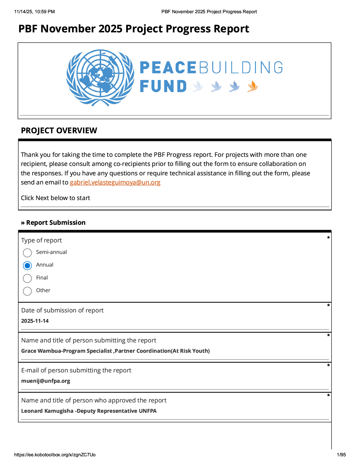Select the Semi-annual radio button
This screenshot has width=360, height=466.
tap(27, 253)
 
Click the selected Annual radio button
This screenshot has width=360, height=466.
tap(27, 266)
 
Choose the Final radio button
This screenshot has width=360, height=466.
tap(27, 278)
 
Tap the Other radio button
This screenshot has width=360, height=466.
tap(27, 291)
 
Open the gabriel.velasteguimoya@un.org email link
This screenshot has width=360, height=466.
tap(115, 182)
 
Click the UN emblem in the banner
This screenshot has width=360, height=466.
tap(100, 78)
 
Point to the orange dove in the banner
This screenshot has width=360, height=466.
tap(252, 86)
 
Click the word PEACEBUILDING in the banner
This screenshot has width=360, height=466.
tap(211, 68)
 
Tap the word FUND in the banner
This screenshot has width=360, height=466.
tap(163, 86)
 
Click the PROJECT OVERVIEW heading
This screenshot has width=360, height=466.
tap(59, 131)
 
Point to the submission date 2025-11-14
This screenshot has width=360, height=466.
tap(35, 321)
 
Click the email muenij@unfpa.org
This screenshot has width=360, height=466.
tap(46, 381)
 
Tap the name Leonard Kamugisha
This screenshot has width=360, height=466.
tap(47, 411)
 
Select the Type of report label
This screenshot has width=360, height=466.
tap(41, 240)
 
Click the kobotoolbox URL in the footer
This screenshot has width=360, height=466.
tap(55, 455)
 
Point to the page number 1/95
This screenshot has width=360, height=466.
tap(341, 455)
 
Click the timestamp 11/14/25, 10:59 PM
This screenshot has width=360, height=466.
tap(34, 12)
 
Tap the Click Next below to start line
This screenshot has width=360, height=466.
tap(55, 198)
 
